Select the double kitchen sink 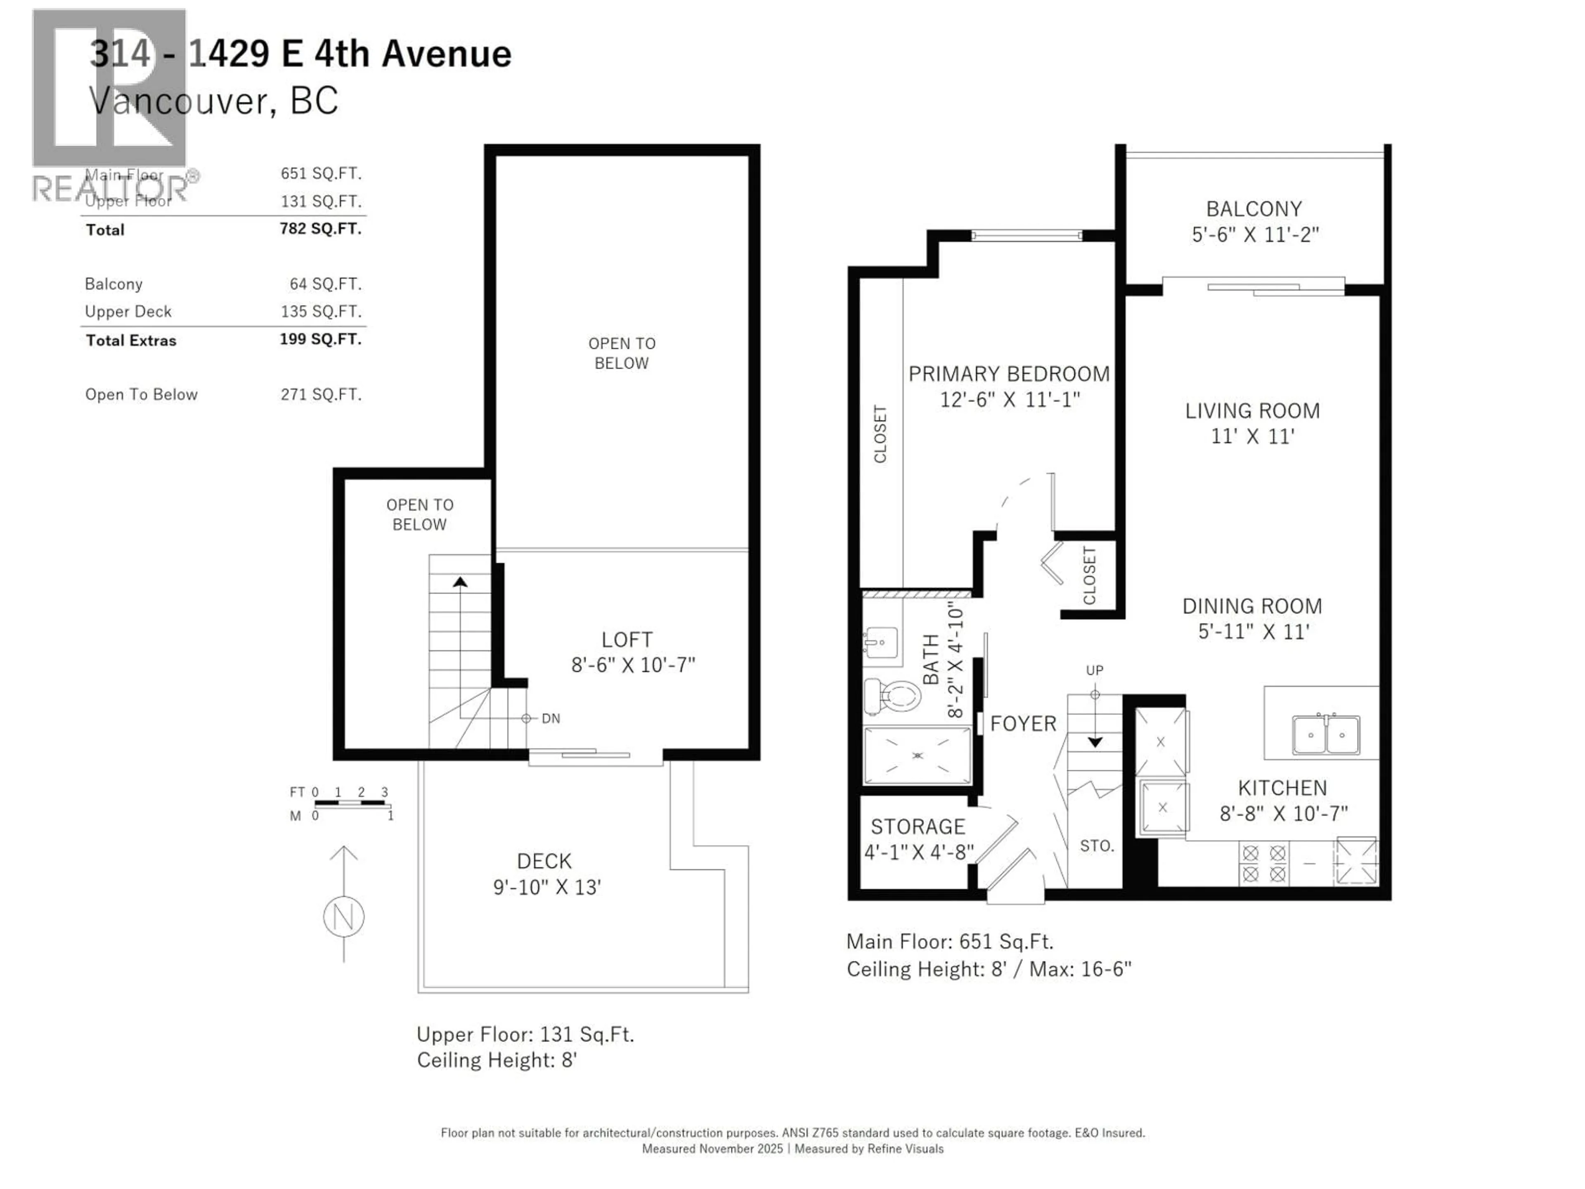tap(1326, 734)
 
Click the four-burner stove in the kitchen tap(1264, 864)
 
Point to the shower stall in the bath tap(917, 756)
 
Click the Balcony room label tap(1254, 209)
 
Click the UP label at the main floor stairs tap(1094, 670)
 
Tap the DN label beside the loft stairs tap(550, 718)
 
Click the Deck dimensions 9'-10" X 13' tap(547, 887)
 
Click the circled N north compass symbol tap(344, 917)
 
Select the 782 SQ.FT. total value tap(320, 229)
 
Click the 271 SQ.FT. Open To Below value tap(320, 394)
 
